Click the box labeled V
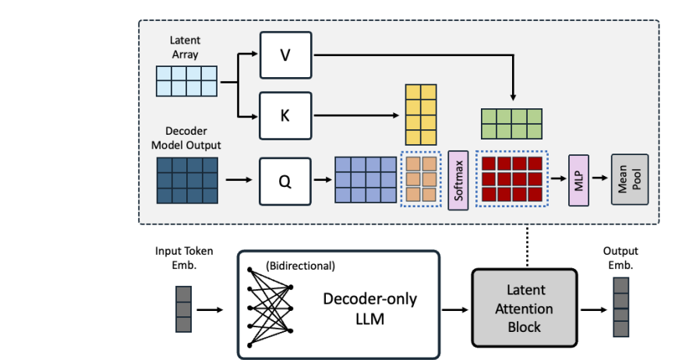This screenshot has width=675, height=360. pyautogui.click(x=285, y=55)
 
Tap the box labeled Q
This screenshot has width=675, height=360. pyautogui.click(x=285, y=181)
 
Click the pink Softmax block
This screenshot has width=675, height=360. pyautogui.click(x=458, y=181)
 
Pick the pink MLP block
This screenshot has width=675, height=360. pyautogui.click(x=578, y=181)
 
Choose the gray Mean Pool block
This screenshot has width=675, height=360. pyautogui.click(x=628, y=181)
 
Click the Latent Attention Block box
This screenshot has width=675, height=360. pyautogui.click(x=525, y=309)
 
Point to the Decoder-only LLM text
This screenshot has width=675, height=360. pyautogui.click(x=370, y=309)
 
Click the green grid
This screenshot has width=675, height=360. pyautogui.click(x=511, y=123)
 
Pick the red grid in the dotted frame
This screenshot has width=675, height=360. pyautogui.click(x=511, y=181)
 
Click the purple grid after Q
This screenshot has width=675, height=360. pyautogui.click(x=366, y=181)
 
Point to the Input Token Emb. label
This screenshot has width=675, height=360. pyautogui.click(x=185, y=258)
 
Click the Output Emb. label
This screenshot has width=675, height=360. pyautogui.click(x=620, y=258)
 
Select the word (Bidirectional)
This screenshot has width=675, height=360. pyautogui.click(x=300, y=266)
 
